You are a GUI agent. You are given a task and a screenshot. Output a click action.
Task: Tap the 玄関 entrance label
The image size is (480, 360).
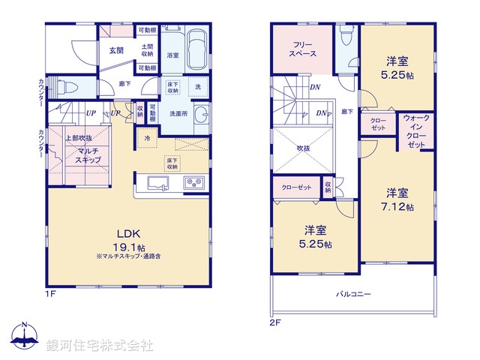pos(116,50)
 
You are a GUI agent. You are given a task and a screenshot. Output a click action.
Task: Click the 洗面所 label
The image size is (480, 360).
pos(178,113)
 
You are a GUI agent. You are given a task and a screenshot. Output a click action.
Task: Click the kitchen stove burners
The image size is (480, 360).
pos(193,184)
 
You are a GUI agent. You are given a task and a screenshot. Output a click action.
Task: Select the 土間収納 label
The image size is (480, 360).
pos(146,50)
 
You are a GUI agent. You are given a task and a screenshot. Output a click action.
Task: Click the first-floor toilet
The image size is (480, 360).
pos(61,87)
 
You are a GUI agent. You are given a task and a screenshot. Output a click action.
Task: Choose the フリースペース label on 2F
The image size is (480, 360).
pos(302,50)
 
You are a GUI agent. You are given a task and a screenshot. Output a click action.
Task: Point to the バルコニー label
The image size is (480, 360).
pos(352,295)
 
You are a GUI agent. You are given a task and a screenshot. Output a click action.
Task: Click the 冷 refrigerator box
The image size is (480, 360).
pos(147,138)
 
